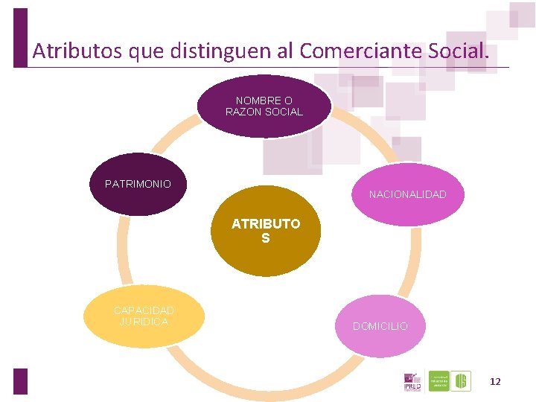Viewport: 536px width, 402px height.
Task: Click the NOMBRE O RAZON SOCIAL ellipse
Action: coord(264,106)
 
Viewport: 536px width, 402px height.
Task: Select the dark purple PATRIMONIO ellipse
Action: coord(138,184)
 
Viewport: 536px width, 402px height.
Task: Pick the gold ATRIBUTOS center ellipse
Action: coord(266,231)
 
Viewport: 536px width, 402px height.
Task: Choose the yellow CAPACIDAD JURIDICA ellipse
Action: coord(144,316)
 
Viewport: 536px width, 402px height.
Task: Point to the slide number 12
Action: coord(495,381)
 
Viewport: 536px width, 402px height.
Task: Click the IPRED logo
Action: coord(412,382)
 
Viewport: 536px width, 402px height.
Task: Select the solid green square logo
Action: coord(439,381)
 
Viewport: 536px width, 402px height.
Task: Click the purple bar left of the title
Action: coord(20,37)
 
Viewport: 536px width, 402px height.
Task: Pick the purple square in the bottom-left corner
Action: coord(20,381)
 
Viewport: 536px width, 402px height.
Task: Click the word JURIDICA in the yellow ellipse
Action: coord(144,322)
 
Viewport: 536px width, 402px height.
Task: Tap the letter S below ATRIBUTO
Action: coord(266,239)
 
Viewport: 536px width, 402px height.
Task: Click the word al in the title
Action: coord(286,51)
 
